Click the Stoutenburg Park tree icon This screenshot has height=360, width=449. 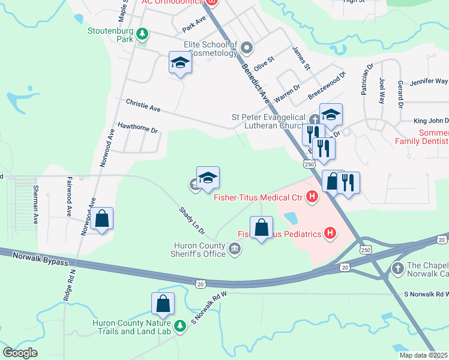point(142,34)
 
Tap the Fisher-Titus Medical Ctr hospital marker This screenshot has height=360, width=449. point(312,196)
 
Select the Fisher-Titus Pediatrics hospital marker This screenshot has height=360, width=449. point(330,233)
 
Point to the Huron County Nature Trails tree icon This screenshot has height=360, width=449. point(179,326)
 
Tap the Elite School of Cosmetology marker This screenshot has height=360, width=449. point(246,47)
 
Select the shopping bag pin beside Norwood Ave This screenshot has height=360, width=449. point(102,220)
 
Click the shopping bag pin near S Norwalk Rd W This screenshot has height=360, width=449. point(163,305)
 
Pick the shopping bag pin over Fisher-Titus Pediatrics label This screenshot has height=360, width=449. point(261,229)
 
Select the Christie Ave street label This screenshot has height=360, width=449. point(143,106)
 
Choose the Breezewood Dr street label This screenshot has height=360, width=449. point(327,86)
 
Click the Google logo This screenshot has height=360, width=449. point(20,353)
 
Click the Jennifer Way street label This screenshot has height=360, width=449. point(429,81)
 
